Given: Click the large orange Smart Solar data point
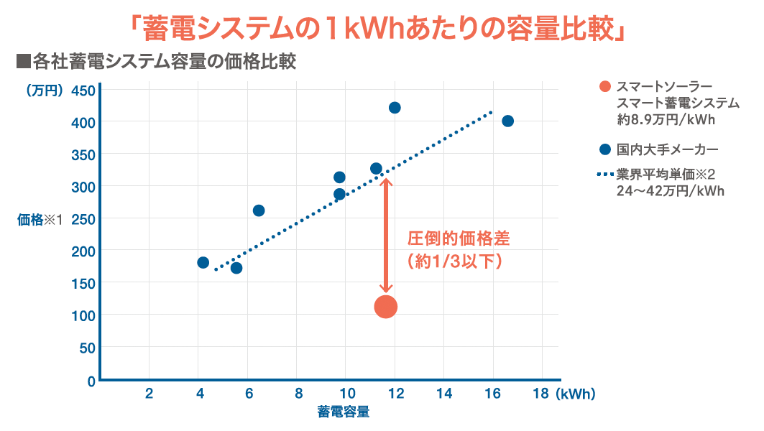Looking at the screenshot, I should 386,307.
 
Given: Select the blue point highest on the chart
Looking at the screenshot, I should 395,108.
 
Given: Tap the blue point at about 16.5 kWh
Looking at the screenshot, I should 507,121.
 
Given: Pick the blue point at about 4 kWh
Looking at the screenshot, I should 203,262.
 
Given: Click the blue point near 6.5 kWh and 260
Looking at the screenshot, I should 259,210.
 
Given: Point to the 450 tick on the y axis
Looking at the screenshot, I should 83,91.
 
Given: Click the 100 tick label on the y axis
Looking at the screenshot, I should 83,315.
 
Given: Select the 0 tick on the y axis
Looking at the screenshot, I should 91,380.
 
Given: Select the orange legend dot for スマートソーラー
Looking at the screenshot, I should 605,87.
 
